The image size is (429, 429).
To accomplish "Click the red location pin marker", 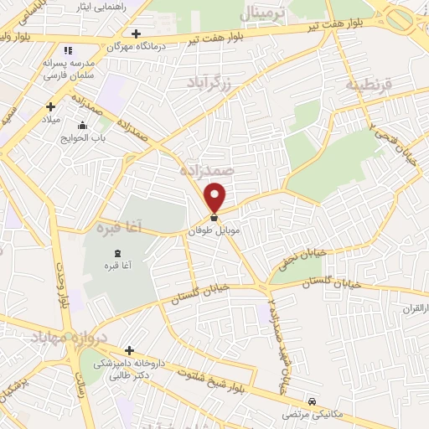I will tap(215, 197).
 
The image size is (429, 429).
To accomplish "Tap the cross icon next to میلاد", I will tap(51, 106).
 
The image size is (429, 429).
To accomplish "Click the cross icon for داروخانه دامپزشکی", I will tap(129, 349).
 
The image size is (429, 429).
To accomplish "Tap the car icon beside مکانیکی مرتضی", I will tap(313, 401).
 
